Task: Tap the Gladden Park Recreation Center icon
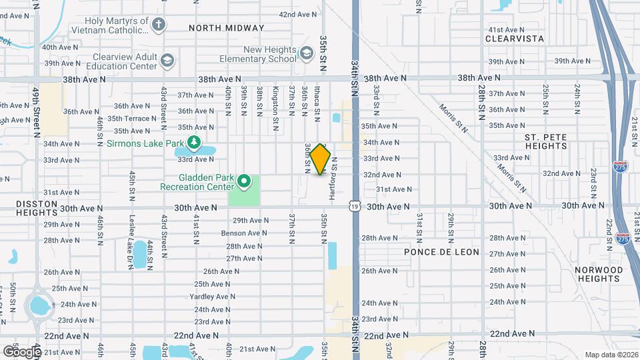[x=244, y=181]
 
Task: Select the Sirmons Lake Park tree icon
[x=193, y=142]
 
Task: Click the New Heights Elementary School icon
[x=306, y=53]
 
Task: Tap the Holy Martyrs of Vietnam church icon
[x=158, y=25]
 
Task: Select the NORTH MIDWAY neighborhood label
[x=227, y=28]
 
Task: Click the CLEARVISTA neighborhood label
[x=515, y=39]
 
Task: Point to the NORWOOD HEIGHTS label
[x=599, y=274]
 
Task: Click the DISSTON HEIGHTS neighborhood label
[x=31, y=207]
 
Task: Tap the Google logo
[x=21, y=351]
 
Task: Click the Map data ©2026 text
[x=611, y=354]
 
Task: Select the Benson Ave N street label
[x=244, y=233]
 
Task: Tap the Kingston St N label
[x=275, y=101]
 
